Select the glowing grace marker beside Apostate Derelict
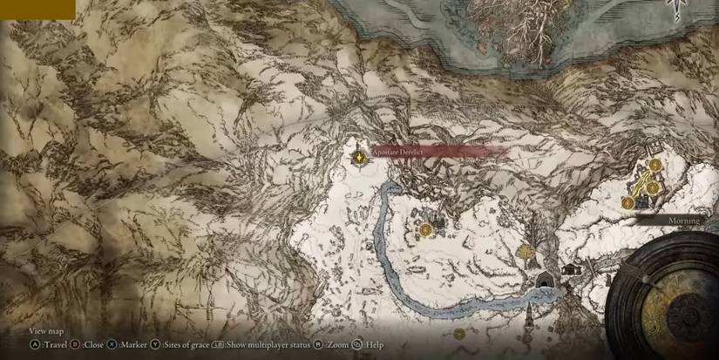pos(358,156)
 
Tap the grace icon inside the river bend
pos(425,230)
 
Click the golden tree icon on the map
pos(526,253)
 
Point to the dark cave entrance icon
pos(546,281)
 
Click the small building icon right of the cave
pos(573,269)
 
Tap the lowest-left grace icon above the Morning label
pos(627,203)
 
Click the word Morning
pos(685,221)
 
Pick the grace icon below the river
pos(459,334)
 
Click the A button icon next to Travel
pos(34,344)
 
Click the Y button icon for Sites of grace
pos(155,344)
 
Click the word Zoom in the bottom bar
pos(338,344)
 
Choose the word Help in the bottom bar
pos(375,344)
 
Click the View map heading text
pos(46,331)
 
